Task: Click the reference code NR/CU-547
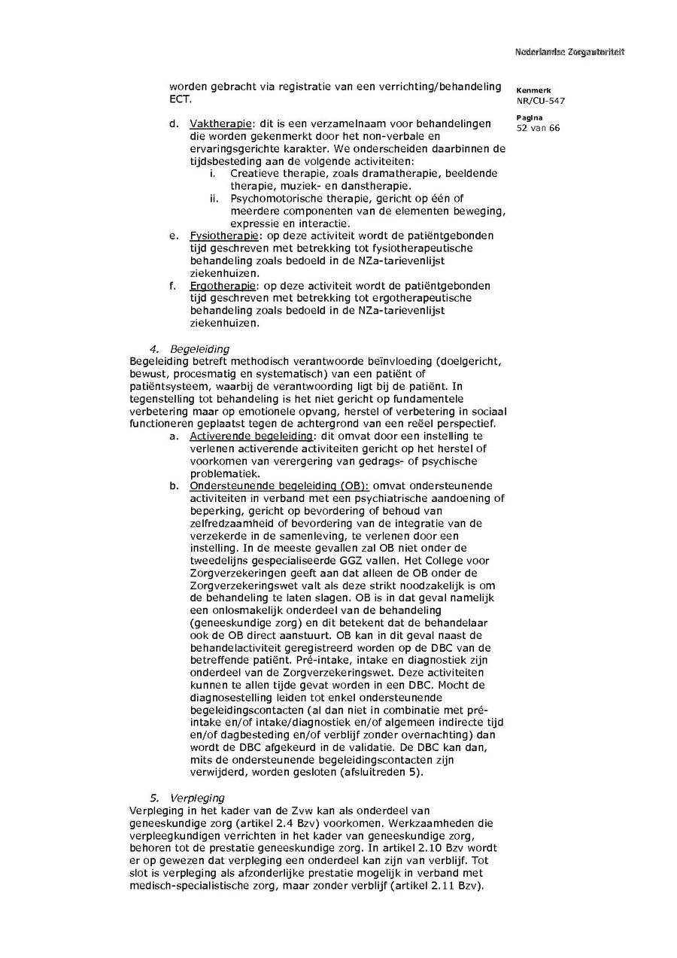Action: [x=540, y=100]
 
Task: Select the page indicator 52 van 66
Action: [x=538, y=128]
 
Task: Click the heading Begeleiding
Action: [x=199, y=348]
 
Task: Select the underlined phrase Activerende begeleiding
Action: [x=250, y=436]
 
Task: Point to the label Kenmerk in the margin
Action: [x=533, y=90]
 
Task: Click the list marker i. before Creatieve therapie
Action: [x=214, y=173]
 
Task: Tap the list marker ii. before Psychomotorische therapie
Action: [x=214, y=199]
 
